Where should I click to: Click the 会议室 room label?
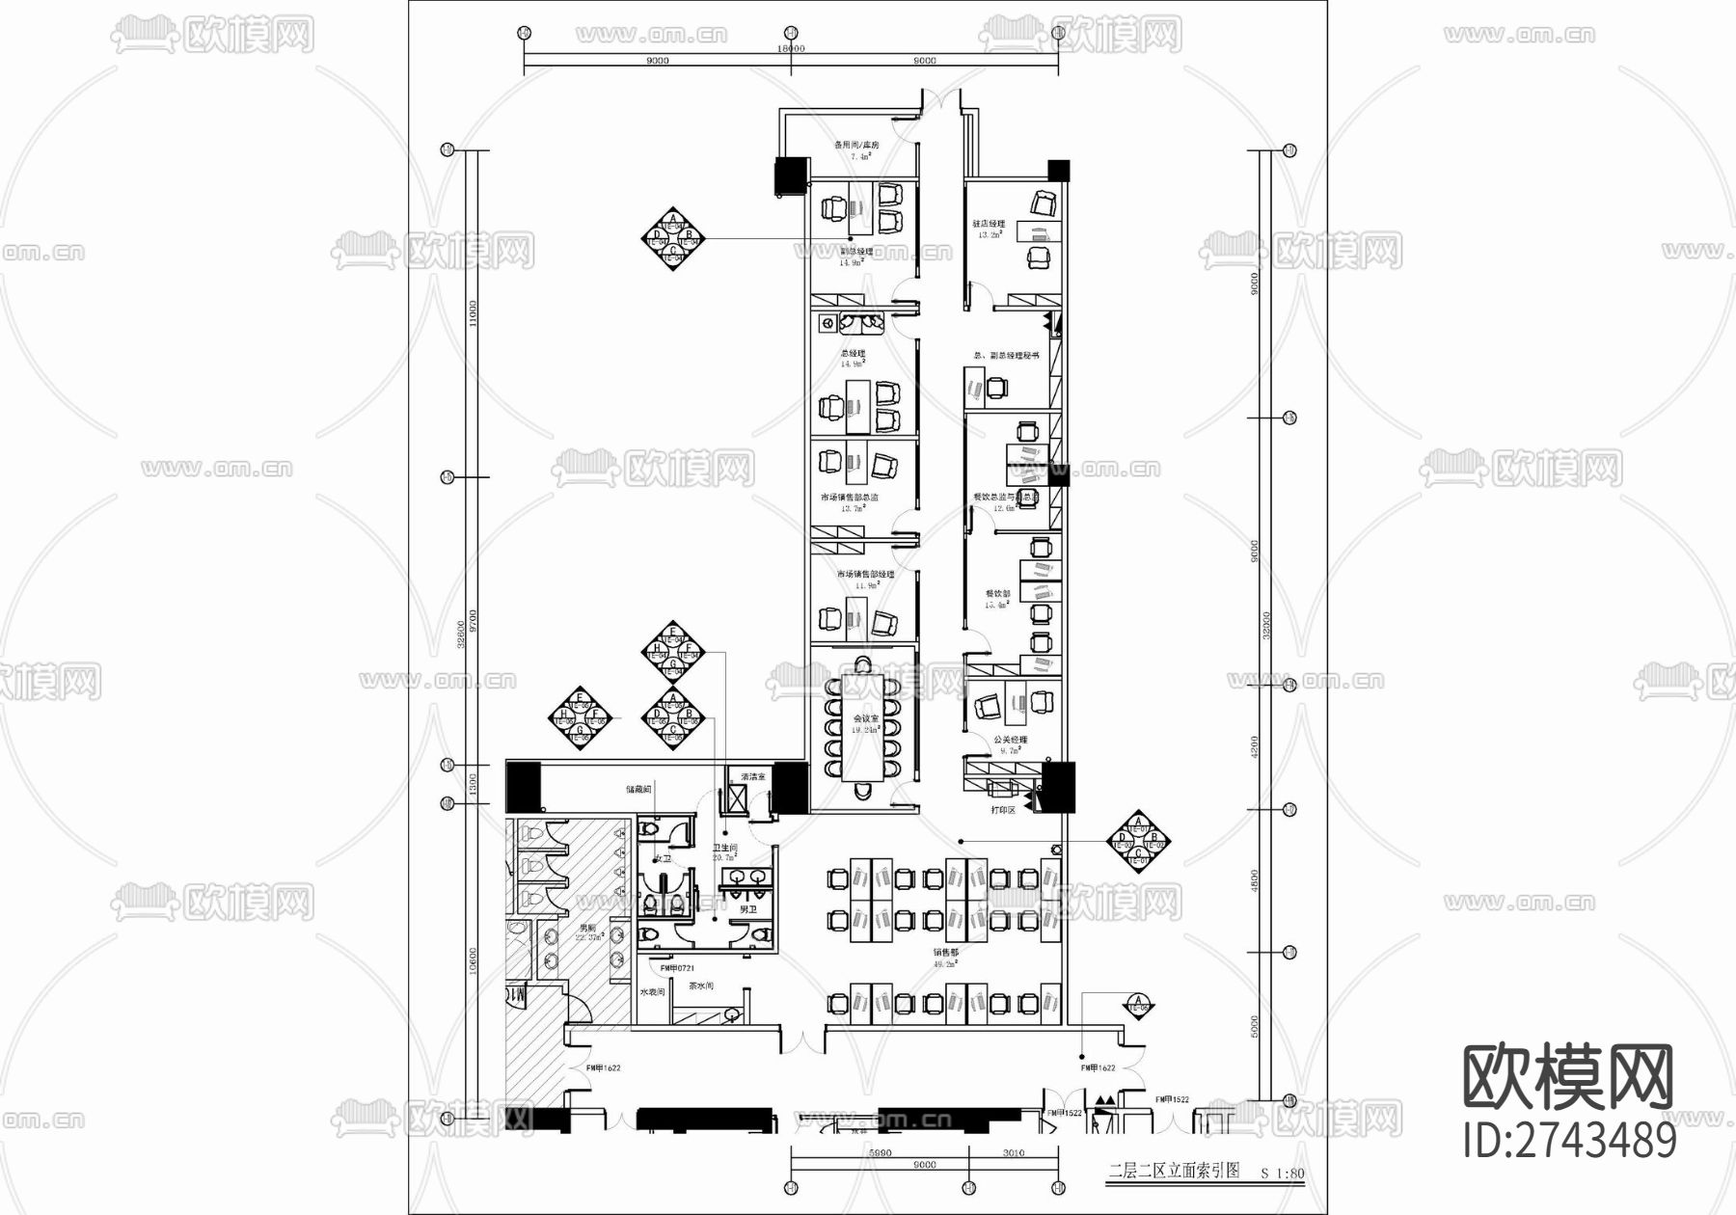pos(865,719)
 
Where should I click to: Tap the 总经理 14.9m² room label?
pos(853,355)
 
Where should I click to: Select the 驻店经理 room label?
pos(989,224)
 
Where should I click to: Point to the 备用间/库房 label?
pos(856,146)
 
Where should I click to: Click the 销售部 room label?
pos(945,952)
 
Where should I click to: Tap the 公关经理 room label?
pos(1011,741)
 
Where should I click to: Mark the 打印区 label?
pos(1003,810)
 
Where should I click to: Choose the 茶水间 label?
pos(701,986)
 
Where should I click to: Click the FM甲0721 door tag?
pos(677,967)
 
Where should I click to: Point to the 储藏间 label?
pos(638,789)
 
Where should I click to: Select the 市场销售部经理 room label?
pos(865,575)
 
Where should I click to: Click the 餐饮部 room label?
pos(997,594)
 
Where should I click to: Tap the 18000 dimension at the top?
pos(791,47)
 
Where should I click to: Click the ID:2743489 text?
pos(1569,1142)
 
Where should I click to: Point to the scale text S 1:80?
pos(1283,1174)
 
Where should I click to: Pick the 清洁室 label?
pos(752,776)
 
